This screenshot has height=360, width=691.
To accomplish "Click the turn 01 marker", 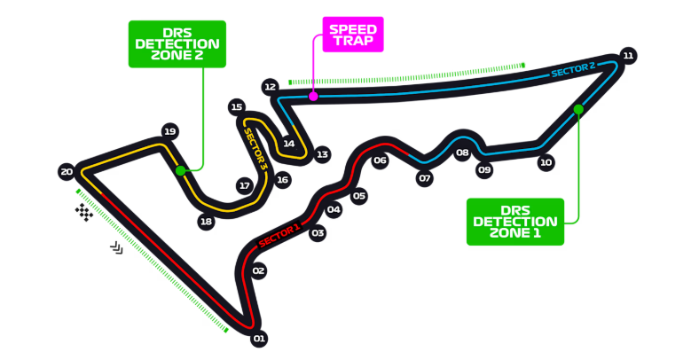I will (259, 338).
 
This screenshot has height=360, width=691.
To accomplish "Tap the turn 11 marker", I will (628, 55).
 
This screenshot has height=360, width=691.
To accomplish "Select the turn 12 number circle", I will (271, 86).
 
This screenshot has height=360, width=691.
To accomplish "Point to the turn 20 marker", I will (66, 172).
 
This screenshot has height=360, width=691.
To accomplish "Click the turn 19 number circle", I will (169, 132).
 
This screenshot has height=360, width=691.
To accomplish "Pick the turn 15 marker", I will (236, 107).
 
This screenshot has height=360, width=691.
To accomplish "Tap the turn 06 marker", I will (380, 160).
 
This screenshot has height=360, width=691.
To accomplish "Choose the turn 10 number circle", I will (546, 162).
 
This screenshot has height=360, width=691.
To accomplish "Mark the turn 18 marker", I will (206, 222).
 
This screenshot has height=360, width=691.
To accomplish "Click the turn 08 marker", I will (462, 153).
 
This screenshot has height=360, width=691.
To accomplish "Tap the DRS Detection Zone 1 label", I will (515, 221).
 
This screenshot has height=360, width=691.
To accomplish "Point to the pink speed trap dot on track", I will (312, 95).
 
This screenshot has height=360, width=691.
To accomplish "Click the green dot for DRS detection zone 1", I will (578, 109).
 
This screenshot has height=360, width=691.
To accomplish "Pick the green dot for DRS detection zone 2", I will (180, 169).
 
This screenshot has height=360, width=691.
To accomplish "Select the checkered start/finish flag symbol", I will (84, 212).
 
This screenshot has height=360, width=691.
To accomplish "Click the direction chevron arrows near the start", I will (116, 248).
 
